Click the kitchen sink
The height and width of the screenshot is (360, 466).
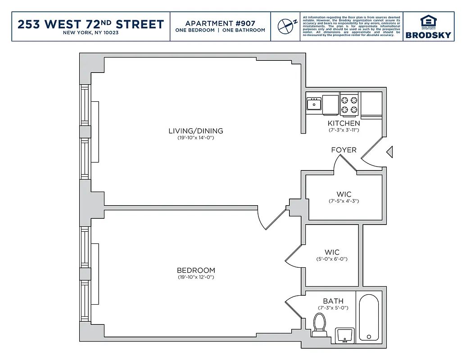pos(313,104)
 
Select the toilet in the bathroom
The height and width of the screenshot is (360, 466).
pos(320,324)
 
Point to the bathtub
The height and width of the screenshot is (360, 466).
pos(369,317)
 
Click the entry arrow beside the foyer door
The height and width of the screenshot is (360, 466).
pos(389,152)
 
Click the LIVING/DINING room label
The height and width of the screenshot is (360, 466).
pos(195,131)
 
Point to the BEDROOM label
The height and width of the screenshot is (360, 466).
pos(195,270)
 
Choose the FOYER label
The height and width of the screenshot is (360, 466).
pos(344,150)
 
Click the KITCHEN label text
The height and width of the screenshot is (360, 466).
pos(344,123)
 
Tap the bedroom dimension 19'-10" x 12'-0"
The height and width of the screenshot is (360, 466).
pos(195,277)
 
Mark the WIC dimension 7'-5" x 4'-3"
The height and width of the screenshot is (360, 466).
pos(344,201)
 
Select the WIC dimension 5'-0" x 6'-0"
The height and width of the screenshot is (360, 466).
pos(332,259)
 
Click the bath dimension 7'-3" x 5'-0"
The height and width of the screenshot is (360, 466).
pos(333,308)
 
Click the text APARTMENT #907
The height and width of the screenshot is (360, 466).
pos(220,23)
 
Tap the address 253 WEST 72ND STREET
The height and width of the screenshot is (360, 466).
pos(90,24)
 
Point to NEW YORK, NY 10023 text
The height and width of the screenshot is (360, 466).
pos(90,33)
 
